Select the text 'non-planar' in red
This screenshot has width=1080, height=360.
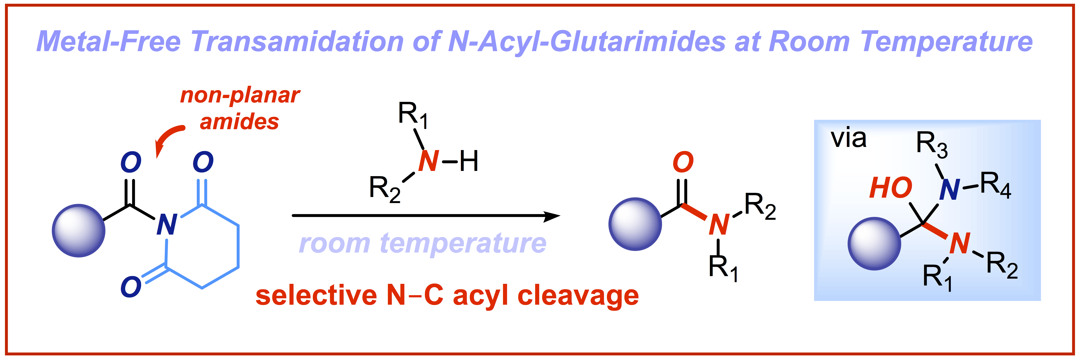click(x=240, y=96)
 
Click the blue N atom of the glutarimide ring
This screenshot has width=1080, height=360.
click(x=166, y=225)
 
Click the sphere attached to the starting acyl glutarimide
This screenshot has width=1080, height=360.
click(x=78, y=230)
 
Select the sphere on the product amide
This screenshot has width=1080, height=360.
click(x=635, y=224)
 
